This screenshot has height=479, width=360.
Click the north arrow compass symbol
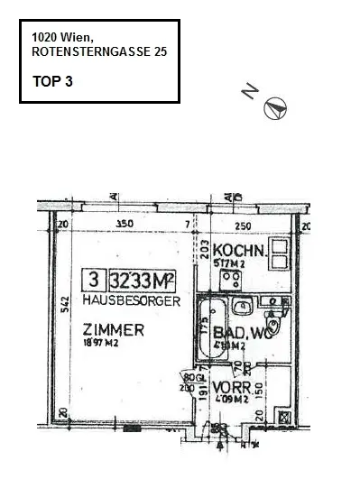pyautogui.click(x=274, y=107)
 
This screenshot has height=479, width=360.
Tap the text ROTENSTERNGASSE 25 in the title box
pyautogui.click(x=98, y=53)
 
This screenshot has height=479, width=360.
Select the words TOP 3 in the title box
pyautogui.click(x=51, y=80)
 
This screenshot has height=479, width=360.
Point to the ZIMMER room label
pyautogui.click(x=113, y=330)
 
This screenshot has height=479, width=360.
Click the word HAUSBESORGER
pyautogui.click(x=131, y=299)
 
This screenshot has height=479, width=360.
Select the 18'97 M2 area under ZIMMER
pyautogui.click(x=101, y=343)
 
